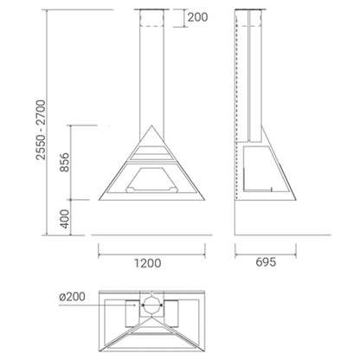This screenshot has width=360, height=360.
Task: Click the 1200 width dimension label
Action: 147,263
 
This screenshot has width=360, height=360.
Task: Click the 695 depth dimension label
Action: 266,262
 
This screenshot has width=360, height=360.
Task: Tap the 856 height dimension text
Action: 65,162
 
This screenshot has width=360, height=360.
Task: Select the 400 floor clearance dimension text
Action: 65,219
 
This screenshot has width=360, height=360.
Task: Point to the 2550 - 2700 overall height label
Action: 41,130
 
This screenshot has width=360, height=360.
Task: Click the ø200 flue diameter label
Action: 72,297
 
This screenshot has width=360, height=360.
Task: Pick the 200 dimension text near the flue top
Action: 197,17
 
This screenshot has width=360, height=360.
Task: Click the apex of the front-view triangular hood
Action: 151,125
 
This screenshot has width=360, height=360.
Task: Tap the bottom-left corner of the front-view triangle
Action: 99,200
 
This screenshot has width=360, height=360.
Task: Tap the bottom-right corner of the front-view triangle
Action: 204,200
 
